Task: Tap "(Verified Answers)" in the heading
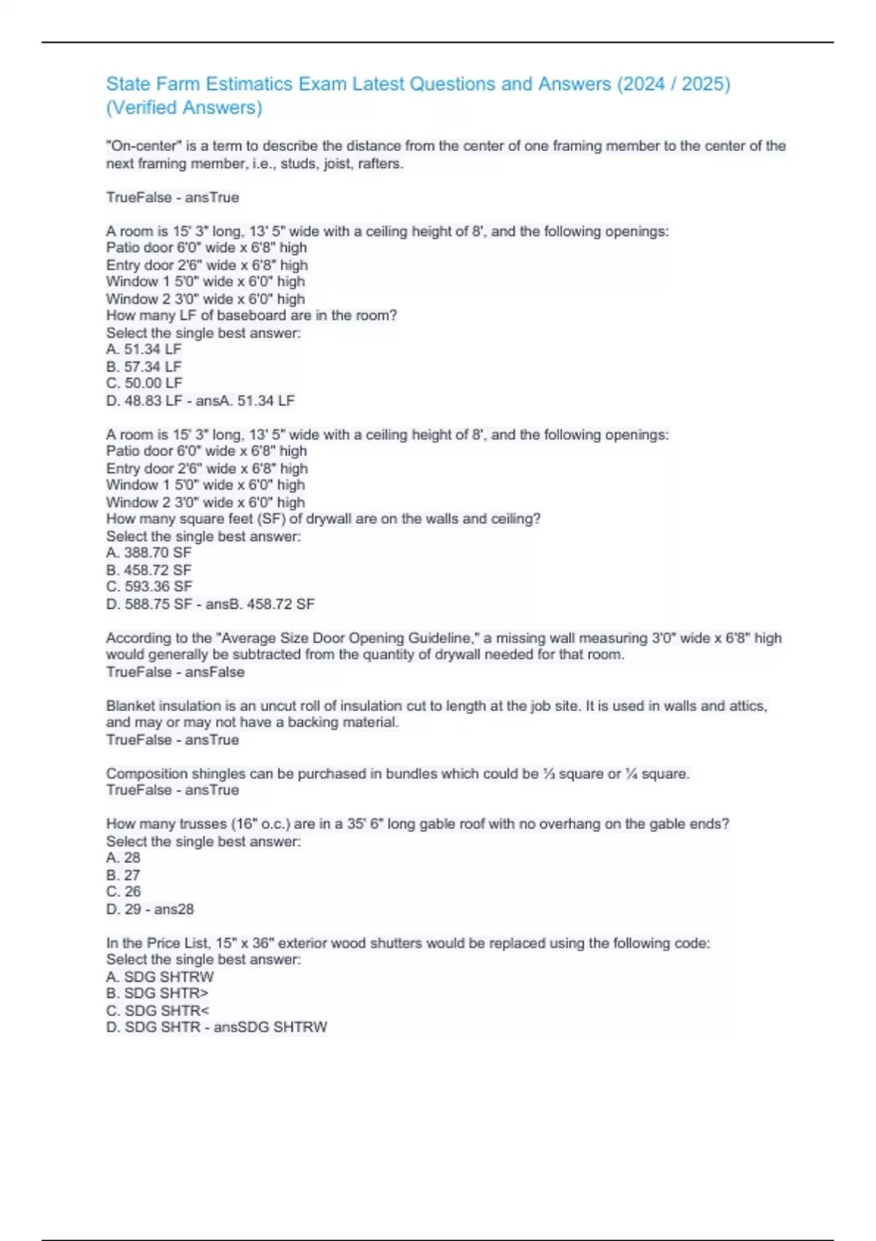184,107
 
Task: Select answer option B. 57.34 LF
144,366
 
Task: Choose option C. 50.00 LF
144,383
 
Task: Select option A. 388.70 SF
148,553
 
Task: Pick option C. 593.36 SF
149,587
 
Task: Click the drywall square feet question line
323,519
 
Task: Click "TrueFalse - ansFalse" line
175,672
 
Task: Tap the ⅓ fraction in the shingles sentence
549,774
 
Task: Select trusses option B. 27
123,875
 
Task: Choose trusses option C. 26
123,892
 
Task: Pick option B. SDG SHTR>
157,994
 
